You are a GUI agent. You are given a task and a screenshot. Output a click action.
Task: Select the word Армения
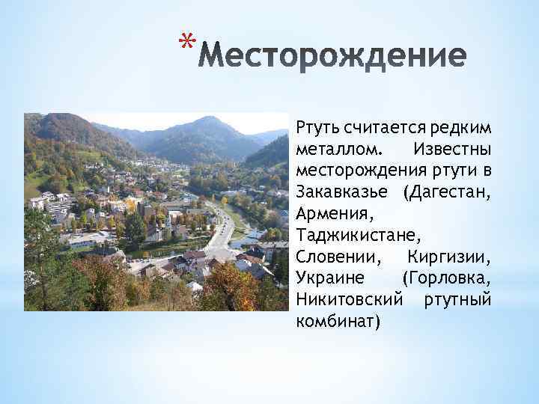click(329, 213)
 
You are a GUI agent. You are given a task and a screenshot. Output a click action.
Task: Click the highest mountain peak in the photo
click(210, 118)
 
